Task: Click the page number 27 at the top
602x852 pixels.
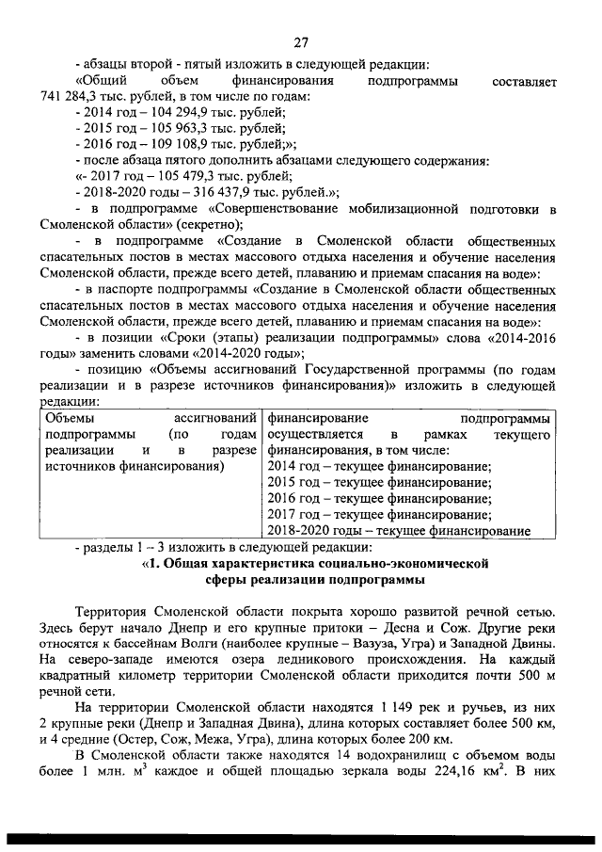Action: pyautogui.click(x=300, y=40)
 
